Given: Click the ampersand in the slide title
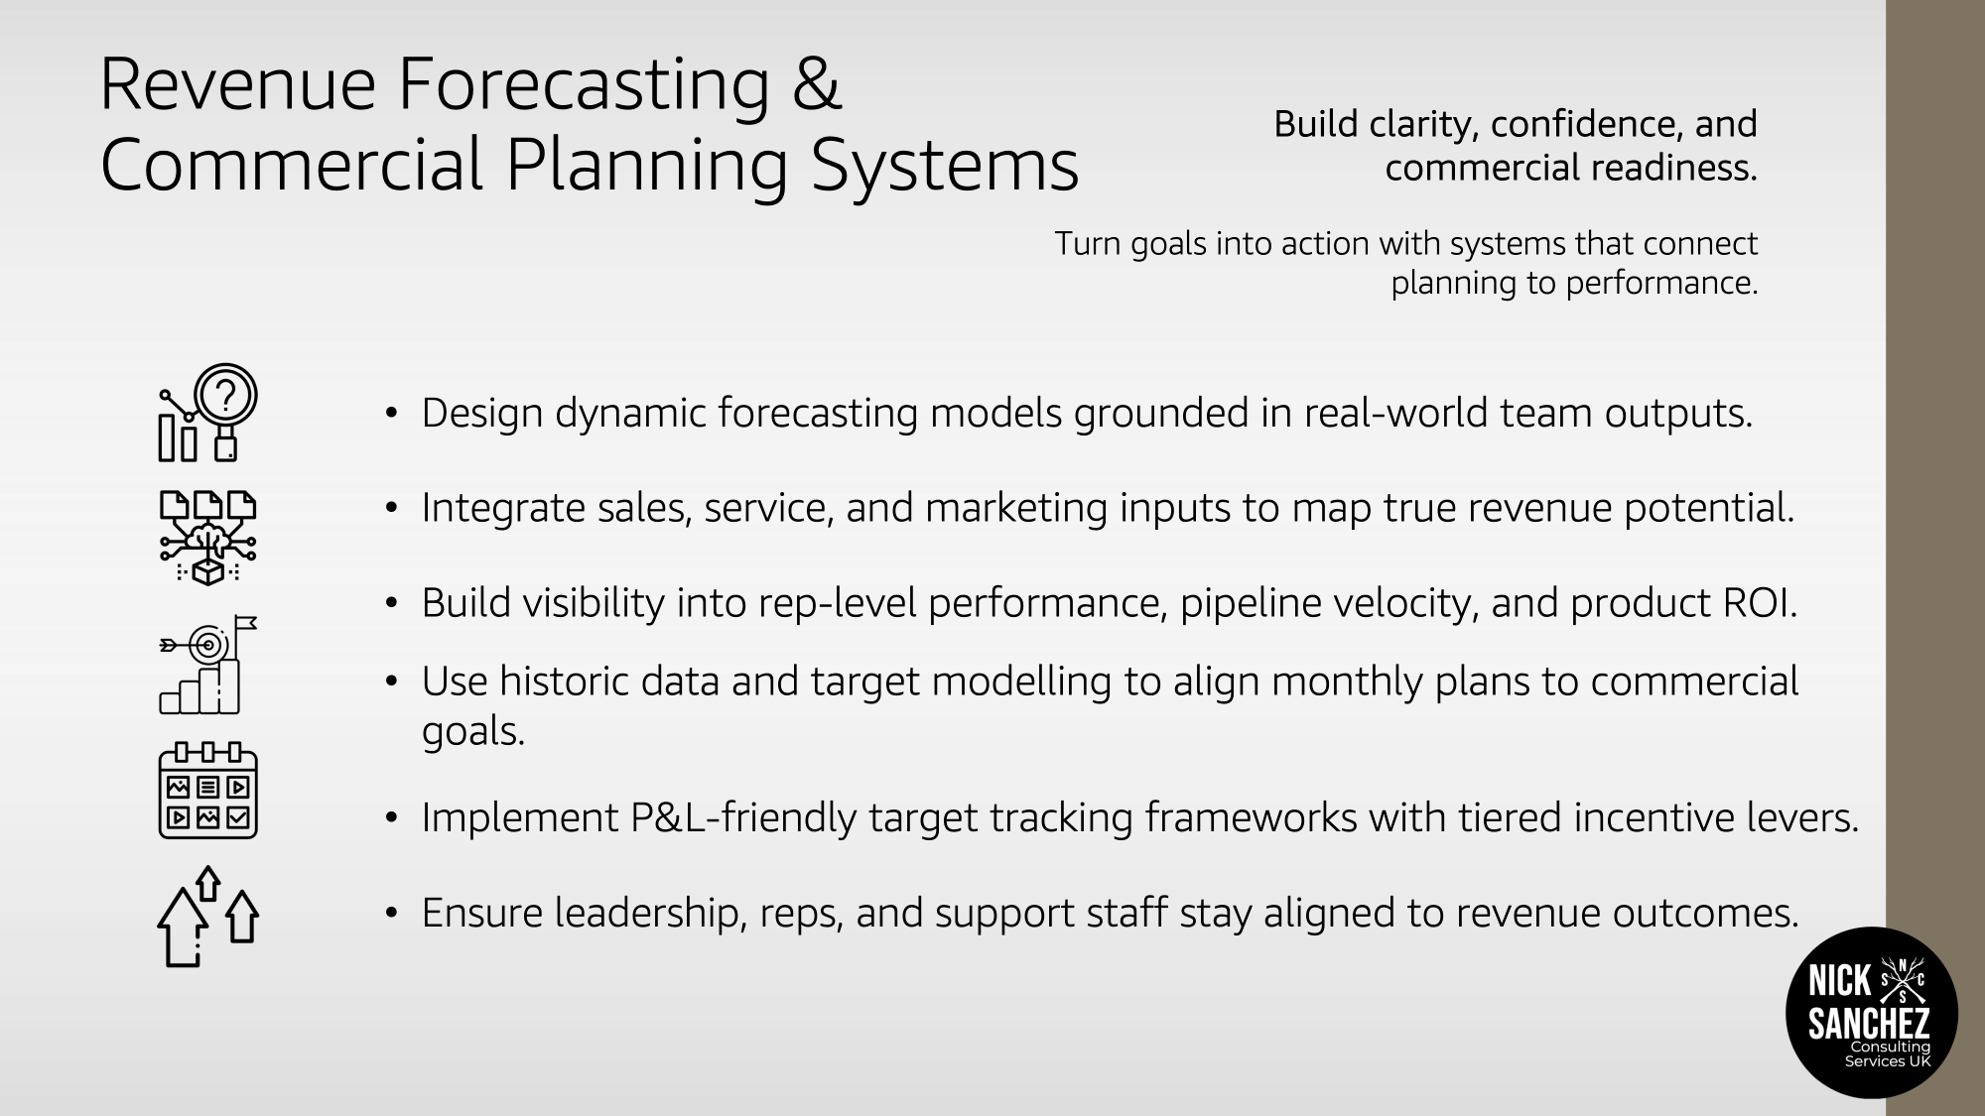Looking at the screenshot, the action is pos(817,83).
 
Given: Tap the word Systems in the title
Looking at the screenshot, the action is pos(945,167).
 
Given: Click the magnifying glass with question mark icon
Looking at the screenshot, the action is pos(207,412).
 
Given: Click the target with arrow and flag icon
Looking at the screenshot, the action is pos(207,664).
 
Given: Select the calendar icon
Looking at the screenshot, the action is pos(207,791).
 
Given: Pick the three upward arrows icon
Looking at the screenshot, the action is pos(207,917).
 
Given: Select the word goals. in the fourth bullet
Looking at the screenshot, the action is pos(473,732).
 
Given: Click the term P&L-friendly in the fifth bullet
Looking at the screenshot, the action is pos(743,818).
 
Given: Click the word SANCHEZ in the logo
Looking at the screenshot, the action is pos(1869,1023).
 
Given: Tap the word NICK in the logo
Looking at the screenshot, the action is pos(1840,981).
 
